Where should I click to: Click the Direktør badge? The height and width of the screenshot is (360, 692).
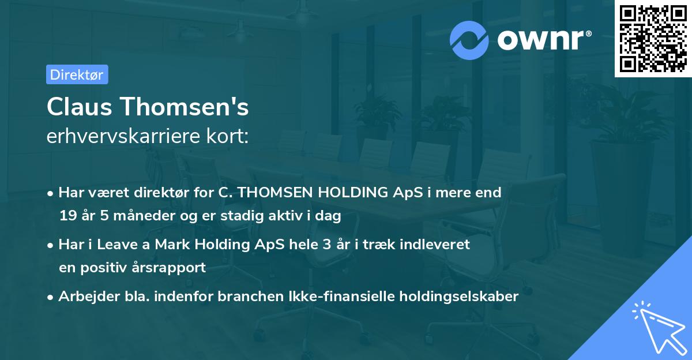[x=77, y=74]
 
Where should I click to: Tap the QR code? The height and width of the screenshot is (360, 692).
[x=653, y=39]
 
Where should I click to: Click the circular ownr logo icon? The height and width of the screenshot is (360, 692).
[x=469, y=40]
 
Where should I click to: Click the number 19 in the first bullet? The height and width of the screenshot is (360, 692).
[x=67, y=216]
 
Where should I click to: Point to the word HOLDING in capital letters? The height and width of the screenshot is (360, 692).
[x=342, y=193]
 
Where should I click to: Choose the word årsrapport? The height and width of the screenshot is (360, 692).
[x=172, y=268]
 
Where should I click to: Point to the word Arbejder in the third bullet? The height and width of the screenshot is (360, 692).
[x=84, y=297]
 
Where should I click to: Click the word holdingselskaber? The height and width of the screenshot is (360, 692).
[x=462, y=297]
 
